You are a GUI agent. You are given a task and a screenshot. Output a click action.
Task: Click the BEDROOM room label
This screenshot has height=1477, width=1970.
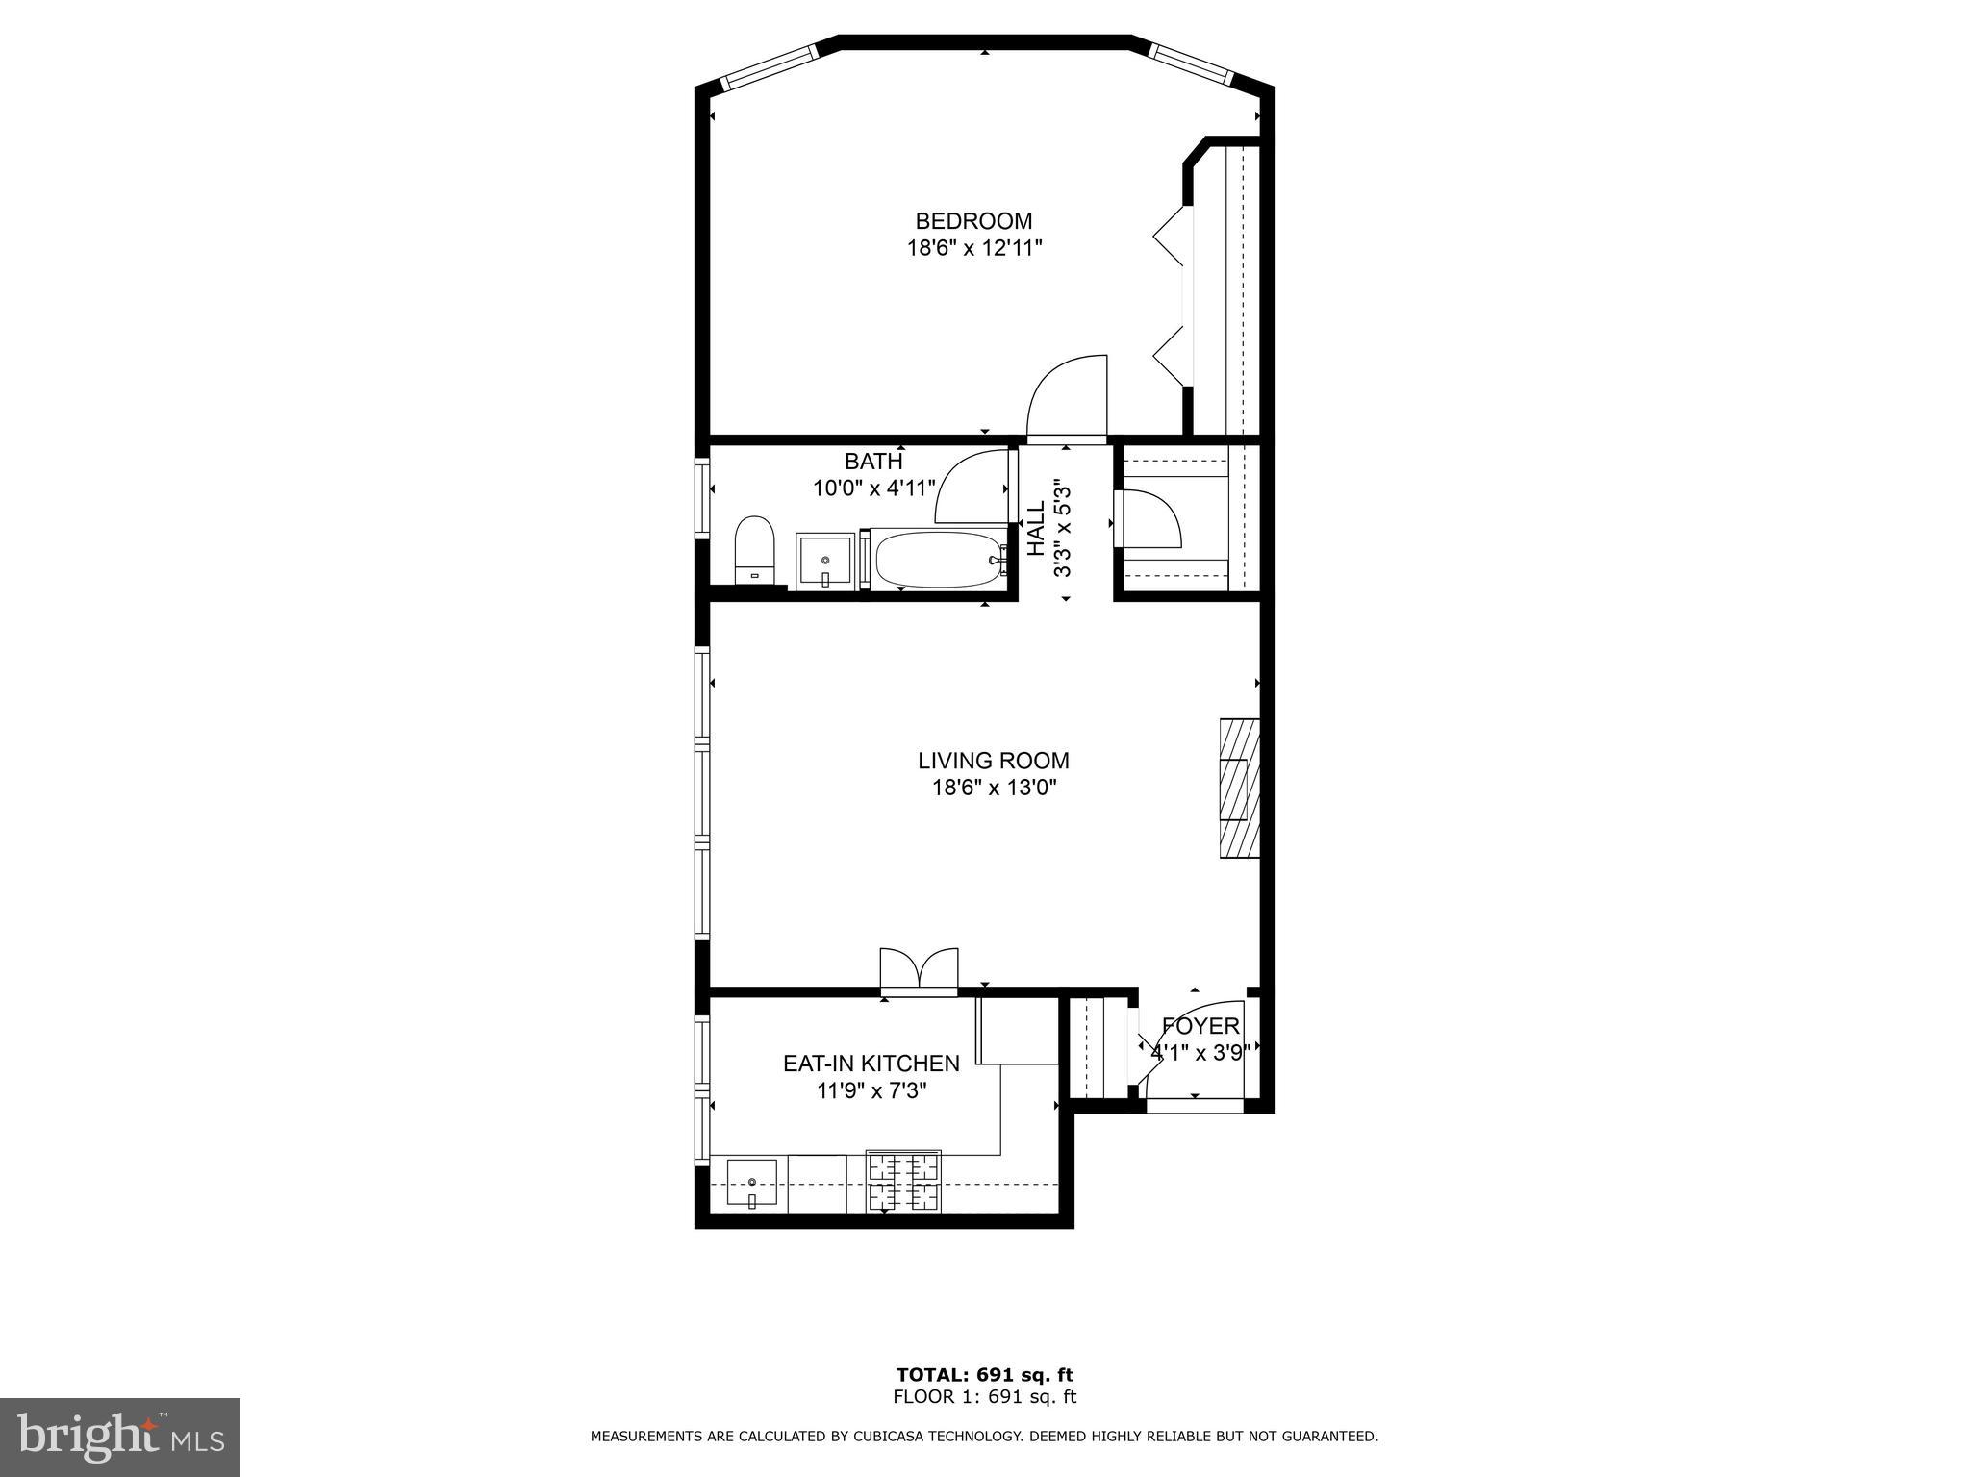point(973,221)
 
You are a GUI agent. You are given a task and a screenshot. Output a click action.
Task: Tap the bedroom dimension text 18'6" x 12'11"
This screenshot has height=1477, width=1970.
point(974,249)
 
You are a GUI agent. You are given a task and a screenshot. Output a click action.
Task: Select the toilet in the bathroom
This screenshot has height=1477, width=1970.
point(755,551)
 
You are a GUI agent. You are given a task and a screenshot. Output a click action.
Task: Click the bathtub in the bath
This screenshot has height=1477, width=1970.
point(938,559)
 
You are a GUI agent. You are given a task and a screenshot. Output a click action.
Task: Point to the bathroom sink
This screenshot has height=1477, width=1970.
point(824,561)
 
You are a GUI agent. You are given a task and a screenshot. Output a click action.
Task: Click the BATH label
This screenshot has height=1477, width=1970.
point(873,462)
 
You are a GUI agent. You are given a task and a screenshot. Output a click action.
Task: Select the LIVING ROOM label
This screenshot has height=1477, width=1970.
point(994,761)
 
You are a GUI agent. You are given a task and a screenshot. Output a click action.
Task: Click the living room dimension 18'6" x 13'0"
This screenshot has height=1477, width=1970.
point(994,789)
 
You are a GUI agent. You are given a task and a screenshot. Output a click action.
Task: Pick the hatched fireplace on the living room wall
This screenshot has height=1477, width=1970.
point(1240,788)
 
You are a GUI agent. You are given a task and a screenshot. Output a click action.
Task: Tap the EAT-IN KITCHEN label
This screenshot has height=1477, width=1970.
point(871,1064)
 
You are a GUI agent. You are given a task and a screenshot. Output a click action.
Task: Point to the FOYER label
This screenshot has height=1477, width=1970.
point(1200,1026)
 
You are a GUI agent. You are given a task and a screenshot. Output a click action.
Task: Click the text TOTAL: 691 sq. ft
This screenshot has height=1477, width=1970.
point(985,1375)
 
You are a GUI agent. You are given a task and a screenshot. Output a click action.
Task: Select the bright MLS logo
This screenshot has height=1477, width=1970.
point(120,1437)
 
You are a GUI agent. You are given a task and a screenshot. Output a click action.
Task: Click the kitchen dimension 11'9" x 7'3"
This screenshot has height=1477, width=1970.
point(872,1091)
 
